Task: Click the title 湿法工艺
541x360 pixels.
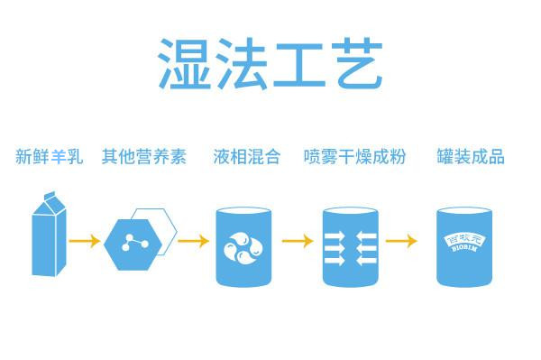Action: [x=270, y=62]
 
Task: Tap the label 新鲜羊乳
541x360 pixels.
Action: [x=49, y=157]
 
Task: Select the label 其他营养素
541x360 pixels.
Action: [x=144, y=157]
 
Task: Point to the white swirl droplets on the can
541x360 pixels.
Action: [x=243, y=245]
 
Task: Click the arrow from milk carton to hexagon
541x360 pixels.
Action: [x=85, y=242]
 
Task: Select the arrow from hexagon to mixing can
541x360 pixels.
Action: [x=193, y=242]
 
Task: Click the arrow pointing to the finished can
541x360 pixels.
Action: [x=402, y=242]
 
